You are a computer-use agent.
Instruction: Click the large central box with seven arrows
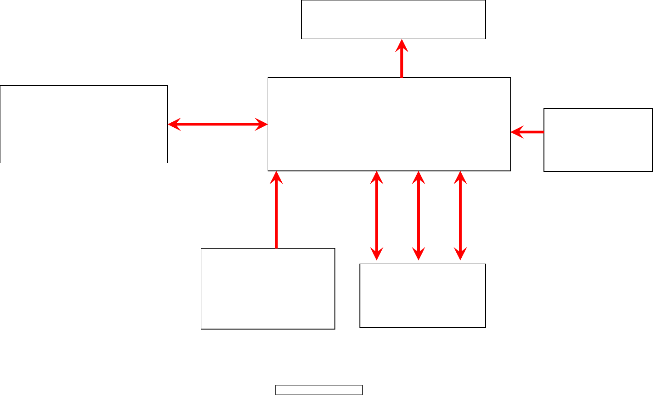pos(389,124)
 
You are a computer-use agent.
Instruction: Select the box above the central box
pos(393,20)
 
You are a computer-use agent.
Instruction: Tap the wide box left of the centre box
pos(84,124)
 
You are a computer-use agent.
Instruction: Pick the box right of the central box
pos(598,140)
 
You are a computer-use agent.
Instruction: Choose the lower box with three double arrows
pos(423,295)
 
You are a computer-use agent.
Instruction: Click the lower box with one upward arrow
pos(268,289)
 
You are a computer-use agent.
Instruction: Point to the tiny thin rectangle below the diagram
pos(319,390)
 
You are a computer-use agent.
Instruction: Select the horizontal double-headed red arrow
pos(218,124)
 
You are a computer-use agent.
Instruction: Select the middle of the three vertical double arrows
pos(419,215)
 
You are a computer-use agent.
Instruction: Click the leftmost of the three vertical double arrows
pos(377,215)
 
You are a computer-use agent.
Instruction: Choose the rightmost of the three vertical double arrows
pos(460,215)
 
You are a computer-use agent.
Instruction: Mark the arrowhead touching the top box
pos(402,45)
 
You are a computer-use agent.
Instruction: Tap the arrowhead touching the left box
pos(174,124)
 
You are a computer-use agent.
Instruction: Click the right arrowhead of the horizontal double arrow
pos(261,124)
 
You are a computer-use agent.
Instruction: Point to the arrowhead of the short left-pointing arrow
pos(517,132)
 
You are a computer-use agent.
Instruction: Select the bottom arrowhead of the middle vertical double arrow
pos(419,254)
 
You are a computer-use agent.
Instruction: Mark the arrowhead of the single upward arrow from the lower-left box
pos(276,177)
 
